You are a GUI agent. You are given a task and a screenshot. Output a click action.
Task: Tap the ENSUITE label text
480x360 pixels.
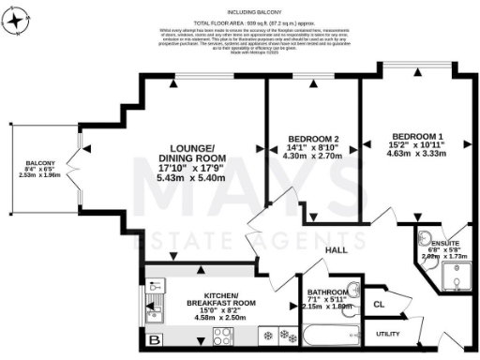pyautogui.click(x=445, y=243)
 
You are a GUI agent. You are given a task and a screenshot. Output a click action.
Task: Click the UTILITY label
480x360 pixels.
pyautogui.click(x=388, y=332)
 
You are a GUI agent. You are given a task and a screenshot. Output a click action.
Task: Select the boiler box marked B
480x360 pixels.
pyautogui.click(x=154, y=338)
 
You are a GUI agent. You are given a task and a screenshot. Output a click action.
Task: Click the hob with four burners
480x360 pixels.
pyautogui.click(x=225, y=335)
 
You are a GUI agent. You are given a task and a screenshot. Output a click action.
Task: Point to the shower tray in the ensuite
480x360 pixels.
pyautogui.click(x=457, y=274)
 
